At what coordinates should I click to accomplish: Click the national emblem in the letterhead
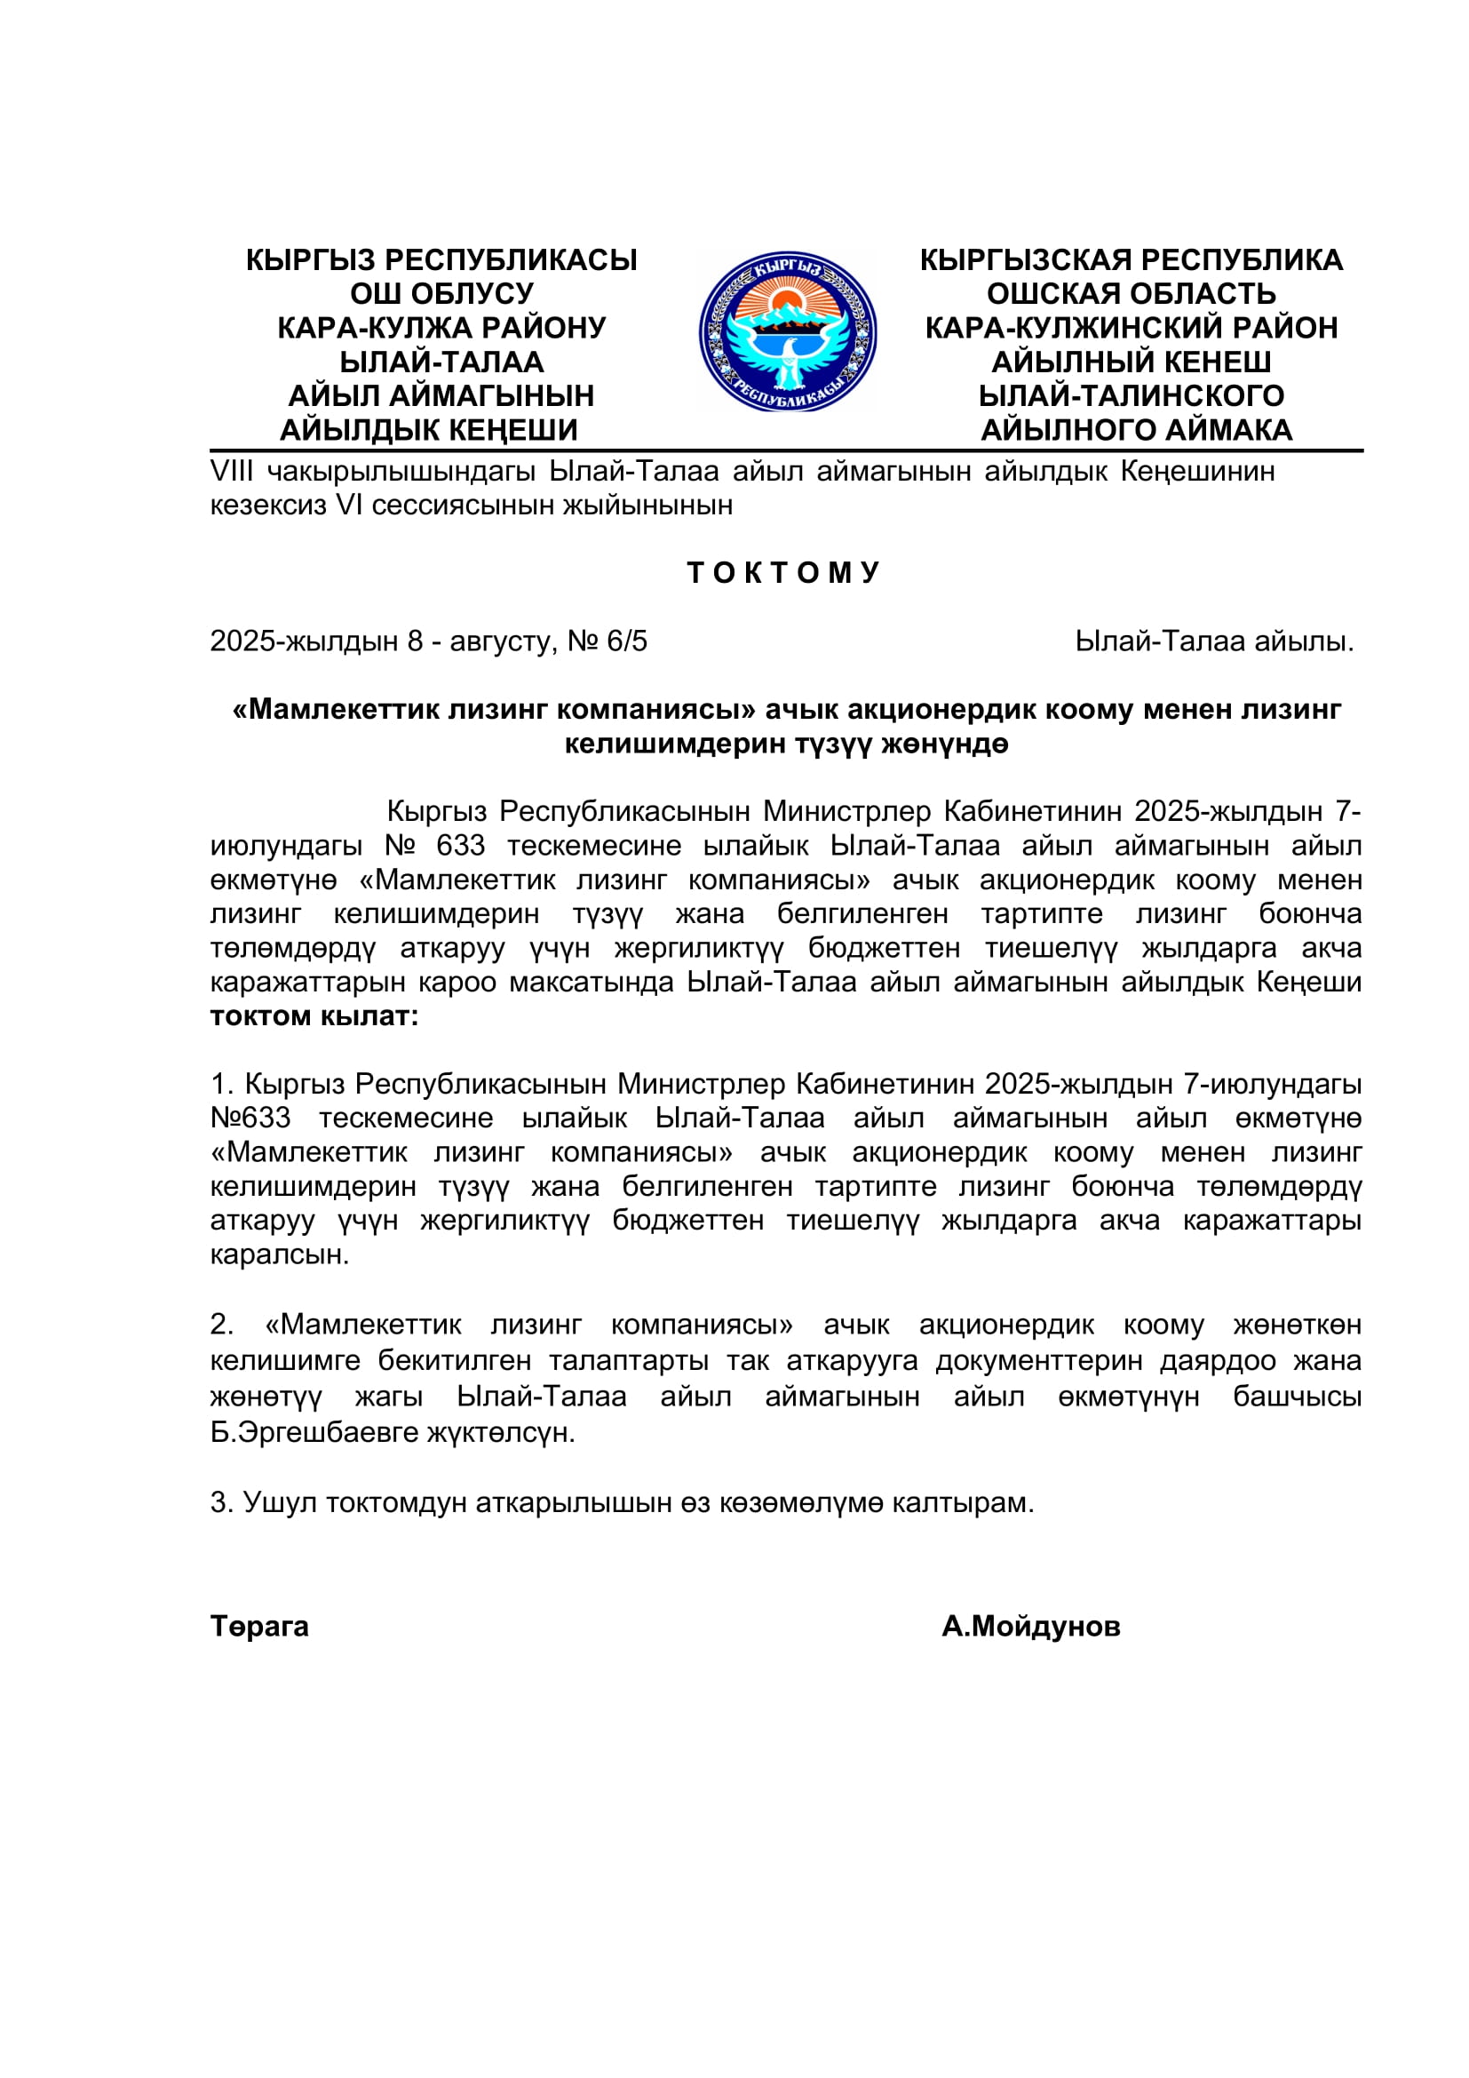click(x=787, y=332)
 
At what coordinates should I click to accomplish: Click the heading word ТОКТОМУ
click(x=783, y=572)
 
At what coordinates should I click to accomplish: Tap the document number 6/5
click(x=627, y=641)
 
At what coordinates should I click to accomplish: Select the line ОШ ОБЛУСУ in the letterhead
click(x=441, y=293)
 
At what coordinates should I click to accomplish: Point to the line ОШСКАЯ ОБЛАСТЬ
click(x=1131, y=293)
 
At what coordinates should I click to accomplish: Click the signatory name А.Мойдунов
click(x=1030, y=1627)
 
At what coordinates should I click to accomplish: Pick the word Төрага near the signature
click(x=259, y=1627)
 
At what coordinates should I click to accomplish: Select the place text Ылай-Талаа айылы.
click(x=1214, y=641)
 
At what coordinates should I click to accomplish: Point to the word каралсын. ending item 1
click(x=280, y=1255)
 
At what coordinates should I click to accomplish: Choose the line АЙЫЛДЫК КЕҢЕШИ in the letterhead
click(x=428, y=430)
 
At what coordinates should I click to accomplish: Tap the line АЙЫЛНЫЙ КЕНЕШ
click(x=1131, y=362)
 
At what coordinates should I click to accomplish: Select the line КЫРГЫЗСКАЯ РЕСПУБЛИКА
click(x=1131, y=259)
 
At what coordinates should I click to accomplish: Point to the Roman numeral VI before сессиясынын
click(x=348, y=505)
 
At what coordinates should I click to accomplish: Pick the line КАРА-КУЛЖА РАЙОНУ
click(x=441, y=328)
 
